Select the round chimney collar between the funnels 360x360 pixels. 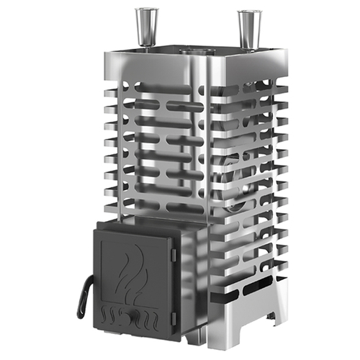(193, 51)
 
